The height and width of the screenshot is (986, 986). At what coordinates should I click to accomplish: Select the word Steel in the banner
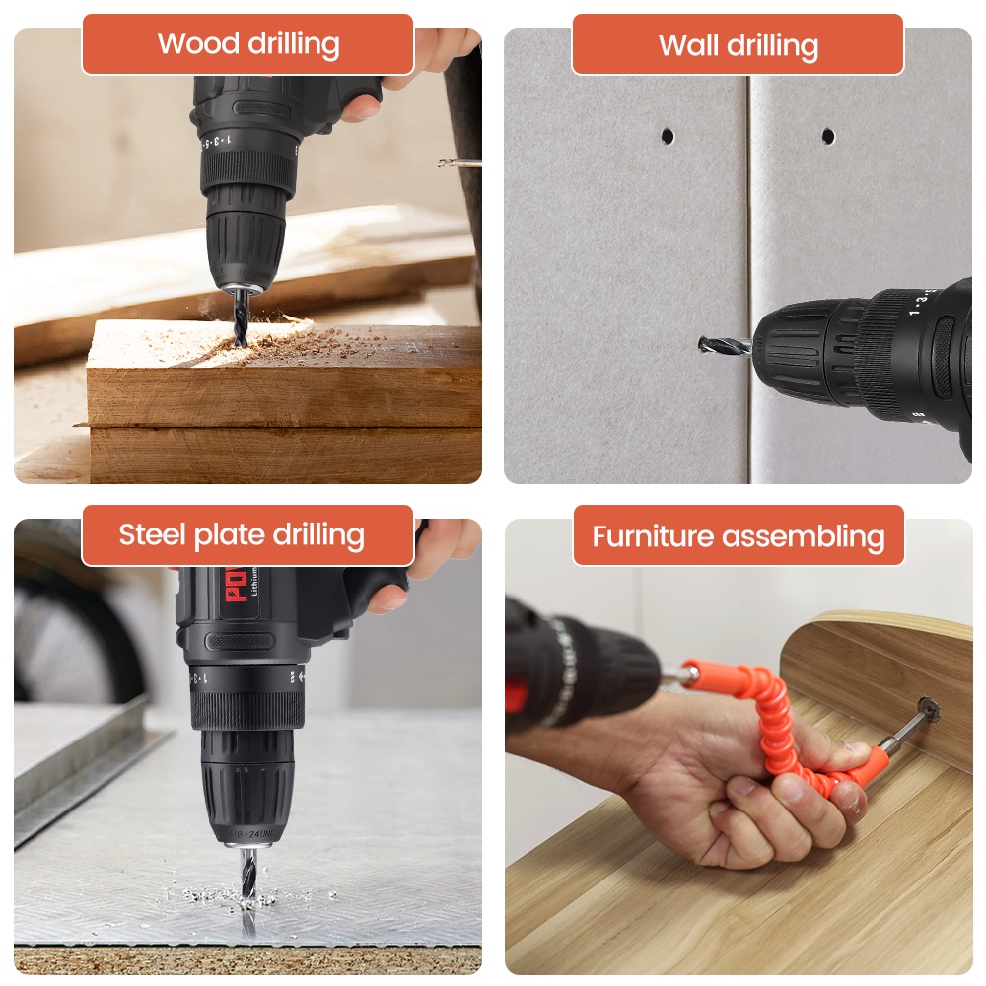pyautogui.click(x=153, y=535)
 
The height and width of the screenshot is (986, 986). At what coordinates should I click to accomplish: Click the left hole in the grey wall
pyautogui.click(x=668, y=135)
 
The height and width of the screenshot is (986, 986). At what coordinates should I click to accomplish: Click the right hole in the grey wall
pyautogui.click(x=828, y=136)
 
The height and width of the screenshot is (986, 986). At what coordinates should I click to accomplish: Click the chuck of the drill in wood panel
pyautogui.click(x=246, y=242)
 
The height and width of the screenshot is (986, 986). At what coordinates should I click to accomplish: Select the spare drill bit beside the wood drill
pyautogui.click(x=458, y=163)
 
